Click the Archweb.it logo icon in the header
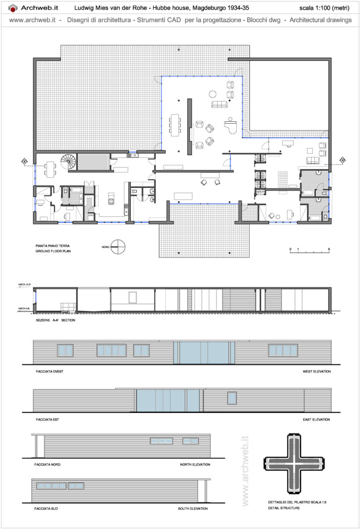[13, 8]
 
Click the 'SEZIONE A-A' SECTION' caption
[55, 320]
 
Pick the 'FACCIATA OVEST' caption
[49, 372]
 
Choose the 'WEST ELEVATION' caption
[316, 372]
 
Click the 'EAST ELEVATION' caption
[317, 419]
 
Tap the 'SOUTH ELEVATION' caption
[194, 508]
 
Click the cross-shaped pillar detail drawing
[294, 462]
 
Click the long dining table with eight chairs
[176, 125]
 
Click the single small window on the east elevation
[232, 398]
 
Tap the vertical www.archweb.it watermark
[244, 471]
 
